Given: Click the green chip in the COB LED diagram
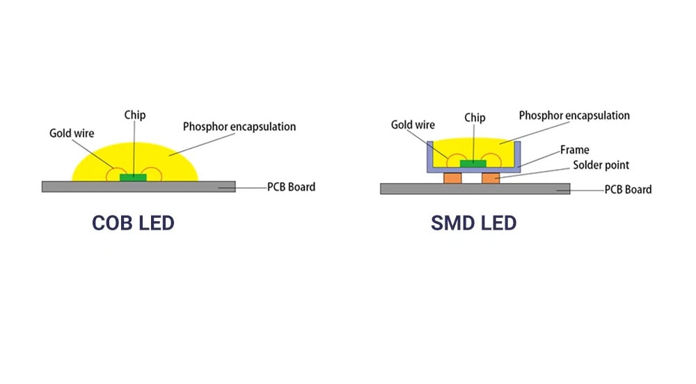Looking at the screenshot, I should [x=133, y=177].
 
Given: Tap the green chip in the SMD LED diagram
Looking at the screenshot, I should [x=473, y=163].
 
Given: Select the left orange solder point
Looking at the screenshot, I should [x=453, y=178].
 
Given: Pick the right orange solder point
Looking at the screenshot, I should [x=491, y=178].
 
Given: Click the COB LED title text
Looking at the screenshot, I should [x=133, y=223].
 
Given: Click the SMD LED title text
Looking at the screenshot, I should [x=473, y=223].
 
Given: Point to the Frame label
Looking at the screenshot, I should [x=574, y=150].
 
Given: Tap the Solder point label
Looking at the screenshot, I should [x=601, y=166].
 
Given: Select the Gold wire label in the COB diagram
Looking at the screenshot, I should [x=71, y=132].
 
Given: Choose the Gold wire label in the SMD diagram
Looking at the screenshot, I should [x=413, y=125].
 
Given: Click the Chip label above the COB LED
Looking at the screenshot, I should [x=135, y=115].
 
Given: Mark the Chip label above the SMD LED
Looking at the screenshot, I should [x=475, y=118].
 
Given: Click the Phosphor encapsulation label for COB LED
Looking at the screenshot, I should [x=239, y=127].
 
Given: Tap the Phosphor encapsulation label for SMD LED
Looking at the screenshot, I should [x=574, y=115].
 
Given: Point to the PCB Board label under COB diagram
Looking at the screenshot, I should [x=291, y=186].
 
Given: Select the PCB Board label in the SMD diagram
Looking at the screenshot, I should [x=628, y=189].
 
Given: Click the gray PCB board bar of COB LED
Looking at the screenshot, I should [x=84, y=186].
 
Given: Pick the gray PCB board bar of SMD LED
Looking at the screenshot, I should [x=418, y=189].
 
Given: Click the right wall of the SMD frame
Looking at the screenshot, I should [x=519, y=154].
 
